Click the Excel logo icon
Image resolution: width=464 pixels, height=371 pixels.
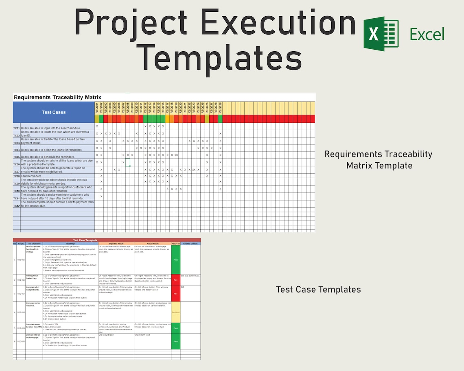381,34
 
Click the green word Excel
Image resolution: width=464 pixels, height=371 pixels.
427,35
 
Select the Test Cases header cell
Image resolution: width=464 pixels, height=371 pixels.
54,112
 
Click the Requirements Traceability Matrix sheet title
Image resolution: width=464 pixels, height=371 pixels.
57,98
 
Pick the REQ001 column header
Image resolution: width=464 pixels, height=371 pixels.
97,108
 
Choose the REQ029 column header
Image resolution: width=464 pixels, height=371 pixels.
220,108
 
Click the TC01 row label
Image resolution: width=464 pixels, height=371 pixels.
16,128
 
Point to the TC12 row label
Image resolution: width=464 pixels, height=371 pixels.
16,206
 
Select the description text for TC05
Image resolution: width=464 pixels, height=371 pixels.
48,157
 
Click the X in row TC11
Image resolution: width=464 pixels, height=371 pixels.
101,196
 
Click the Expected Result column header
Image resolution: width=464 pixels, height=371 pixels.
116,244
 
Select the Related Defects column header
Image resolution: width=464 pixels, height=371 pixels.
190,244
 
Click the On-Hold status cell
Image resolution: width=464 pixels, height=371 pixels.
175,312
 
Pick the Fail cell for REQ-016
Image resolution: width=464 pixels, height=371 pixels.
175,280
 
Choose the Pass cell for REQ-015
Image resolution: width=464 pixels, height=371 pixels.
175,260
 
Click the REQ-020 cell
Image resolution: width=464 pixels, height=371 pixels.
21,342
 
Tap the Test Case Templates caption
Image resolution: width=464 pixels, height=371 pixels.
318,290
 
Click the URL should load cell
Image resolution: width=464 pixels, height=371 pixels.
116,335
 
